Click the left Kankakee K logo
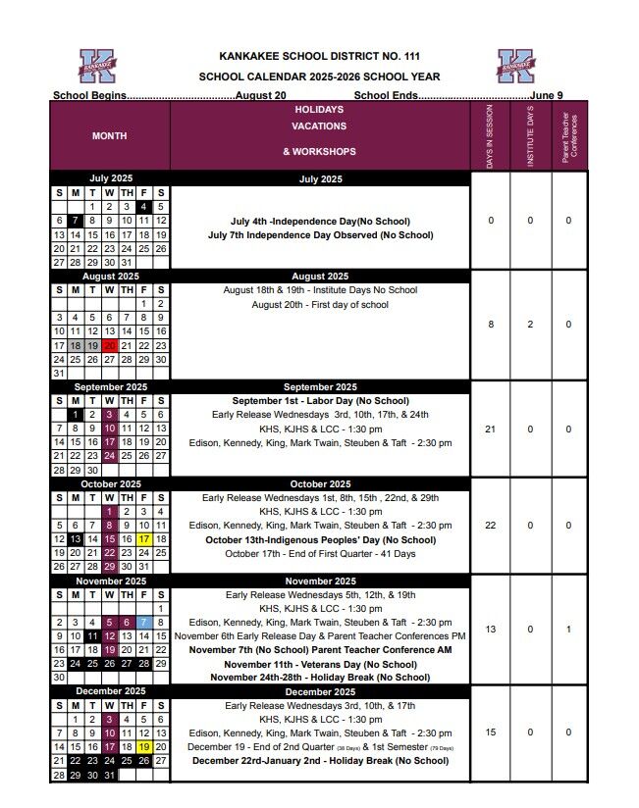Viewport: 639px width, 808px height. point(97,66)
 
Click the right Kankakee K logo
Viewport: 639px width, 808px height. point(515,66)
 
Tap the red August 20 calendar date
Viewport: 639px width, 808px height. point(109,345)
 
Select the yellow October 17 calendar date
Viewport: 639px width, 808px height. point(143,539)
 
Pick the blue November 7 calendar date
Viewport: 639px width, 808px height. point(143,622)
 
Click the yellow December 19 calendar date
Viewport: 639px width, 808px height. point(143,746)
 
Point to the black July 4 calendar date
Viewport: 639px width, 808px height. point(143,207)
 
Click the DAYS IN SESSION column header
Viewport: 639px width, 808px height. point(490,136)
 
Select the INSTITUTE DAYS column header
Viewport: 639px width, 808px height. point(530,136)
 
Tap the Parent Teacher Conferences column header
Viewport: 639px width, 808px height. point(568,136)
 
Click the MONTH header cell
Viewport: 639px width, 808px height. point(109,136)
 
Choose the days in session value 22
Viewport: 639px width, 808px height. point(491,526)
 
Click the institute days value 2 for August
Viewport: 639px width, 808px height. point(530,325)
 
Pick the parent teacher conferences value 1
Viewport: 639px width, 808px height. point(568,629)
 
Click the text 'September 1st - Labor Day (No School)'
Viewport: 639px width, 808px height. point(320,401)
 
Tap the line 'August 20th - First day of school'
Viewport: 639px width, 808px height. point(320,305)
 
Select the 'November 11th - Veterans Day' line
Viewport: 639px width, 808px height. point(320,663)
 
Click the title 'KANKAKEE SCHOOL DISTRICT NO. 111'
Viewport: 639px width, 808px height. point(319,57)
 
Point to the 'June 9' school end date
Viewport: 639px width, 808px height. point(546,95)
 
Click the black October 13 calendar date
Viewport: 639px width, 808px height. point(75,539)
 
